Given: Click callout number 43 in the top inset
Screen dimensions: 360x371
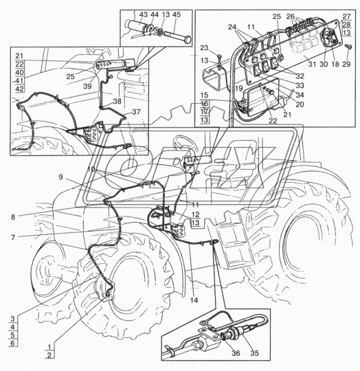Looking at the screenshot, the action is (x=144, y=14).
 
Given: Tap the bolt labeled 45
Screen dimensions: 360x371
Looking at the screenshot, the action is (x=177, y=36).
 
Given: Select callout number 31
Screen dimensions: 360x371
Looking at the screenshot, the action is (x=312, y=64).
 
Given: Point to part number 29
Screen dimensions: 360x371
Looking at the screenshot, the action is (x=346, y=64).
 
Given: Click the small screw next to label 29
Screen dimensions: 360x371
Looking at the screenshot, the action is (x=348, y=47).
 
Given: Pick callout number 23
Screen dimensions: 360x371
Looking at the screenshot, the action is (x=204, y=48).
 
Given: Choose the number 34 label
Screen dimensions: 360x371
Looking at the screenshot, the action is (x=300, y=95).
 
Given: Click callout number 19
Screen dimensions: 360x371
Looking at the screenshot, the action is (x=239, y=88).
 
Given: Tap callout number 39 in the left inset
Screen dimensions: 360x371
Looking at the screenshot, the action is (x=87, y=87).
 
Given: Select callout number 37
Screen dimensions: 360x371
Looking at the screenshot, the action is (x=136, y=112).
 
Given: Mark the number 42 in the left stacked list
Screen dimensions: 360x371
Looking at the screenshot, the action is (x=19, y=89).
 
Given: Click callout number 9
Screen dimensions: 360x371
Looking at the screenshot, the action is (x=60, y=177).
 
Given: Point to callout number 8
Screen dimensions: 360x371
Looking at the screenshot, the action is (x=13, y=217).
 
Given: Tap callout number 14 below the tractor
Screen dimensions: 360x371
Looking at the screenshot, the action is (x=194, y=300).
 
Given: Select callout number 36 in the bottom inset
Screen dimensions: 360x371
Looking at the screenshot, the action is (x=236, y=353).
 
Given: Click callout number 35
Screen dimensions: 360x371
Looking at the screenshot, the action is (x=255, y=353).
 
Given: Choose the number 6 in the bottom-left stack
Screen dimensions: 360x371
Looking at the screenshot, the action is (x=13, y=343).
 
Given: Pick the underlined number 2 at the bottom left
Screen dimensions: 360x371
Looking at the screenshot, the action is (x=49, y=355).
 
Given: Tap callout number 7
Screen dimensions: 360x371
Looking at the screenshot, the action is (x=13, y=237).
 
